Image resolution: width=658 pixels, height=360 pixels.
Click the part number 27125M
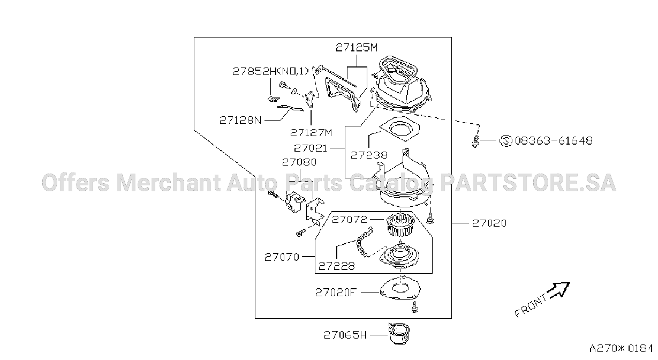point(357,47)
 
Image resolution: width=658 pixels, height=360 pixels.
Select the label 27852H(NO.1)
point(270,71)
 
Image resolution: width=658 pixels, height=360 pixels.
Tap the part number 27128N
point(240,120)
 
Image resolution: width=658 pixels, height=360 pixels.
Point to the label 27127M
point(311,133)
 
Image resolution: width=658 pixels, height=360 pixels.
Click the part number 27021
point(311,148)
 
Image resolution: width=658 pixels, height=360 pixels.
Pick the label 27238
point(369,155)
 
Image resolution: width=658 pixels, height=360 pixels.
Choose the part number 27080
point(299,162)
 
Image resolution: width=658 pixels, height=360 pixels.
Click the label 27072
point(350,219)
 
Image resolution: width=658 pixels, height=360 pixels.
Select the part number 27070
point(282,257)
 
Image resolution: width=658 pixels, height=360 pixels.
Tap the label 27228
point(337,266)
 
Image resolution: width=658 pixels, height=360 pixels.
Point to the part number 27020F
point(336,292)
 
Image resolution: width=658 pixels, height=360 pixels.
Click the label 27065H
point(345,335)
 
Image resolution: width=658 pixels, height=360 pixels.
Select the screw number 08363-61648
point(554,140)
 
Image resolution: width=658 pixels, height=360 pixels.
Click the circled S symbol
point(506,141)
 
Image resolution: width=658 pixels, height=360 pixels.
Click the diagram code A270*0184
point(621,348)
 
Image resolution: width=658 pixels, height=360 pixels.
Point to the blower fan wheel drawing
point(400,225)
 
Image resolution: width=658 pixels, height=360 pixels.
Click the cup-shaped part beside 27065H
point(399,334)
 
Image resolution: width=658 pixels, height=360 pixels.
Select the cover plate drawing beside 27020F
point(400,288)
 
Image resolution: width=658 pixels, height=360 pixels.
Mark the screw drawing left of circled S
point(475,141)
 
